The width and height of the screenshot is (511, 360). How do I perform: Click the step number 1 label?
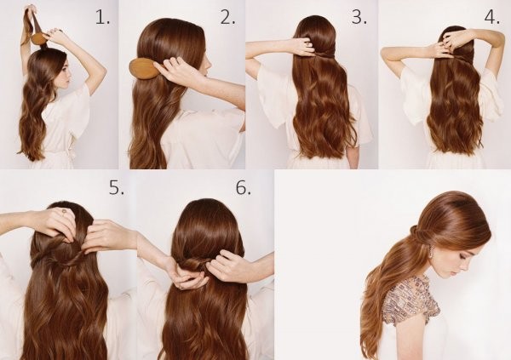point(103,17)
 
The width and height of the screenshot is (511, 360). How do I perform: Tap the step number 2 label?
point(227,17)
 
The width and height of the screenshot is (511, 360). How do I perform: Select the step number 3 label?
point(359,17)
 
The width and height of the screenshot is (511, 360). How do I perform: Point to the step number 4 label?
point(492,17)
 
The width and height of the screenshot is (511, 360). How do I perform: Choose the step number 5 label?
point(117,187)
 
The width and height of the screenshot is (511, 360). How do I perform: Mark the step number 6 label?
point(244,187)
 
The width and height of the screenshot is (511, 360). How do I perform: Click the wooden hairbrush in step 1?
point(39,39)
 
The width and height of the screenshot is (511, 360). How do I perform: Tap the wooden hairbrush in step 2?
point(146,67)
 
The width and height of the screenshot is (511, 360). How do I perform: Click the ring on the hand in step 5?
point(65,212)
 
